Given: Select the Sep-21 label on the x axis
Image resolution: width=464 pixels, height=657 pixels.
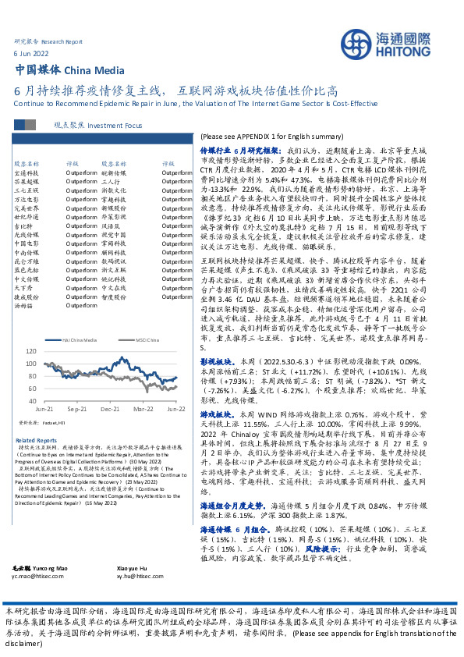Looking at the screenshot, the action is [76, 408].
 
